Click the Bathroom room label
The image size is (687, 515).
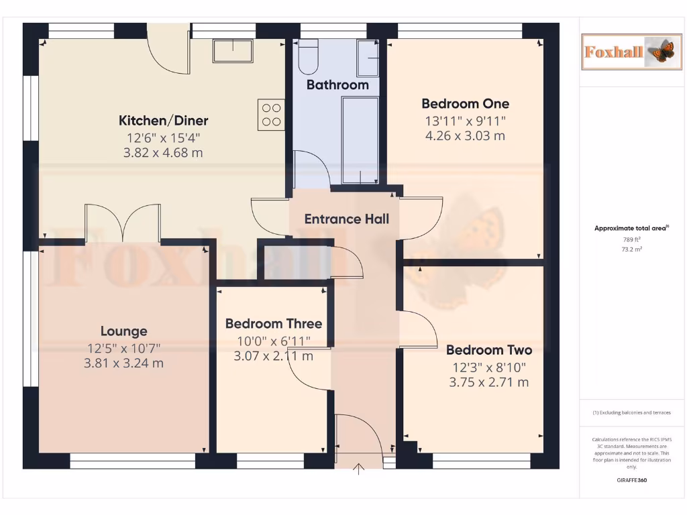[337, 85]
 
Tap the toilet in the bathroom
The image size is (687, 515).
[309, 57]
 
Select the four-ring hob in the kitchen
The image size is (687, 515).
[271, 114]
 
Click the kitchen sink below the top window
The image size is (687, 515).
[232, 50]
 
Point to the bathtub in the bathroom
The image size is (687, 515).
[360, 139]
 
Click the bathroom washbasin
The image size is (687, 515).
[368, 58]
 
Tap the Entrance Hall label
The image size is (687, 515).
[346, 219]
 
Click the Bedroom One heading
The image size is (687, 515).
[465, 104]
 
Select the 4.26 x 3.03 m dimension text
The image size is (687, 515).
[465, 136]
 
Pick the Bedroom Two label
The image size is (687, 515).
[488, 350]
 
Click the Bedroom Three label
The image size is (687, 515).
[273, 324]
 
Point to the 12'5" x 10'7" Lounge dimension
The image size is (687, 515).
[123, 348]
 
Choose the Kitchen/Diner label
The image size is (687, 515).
[163, 121]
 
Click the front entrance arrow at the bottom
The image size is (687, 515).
[359, 469]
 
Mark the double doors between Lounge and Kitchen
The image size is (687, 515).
[123, 223]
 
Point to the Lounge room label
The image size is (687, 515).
[123, 331]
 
